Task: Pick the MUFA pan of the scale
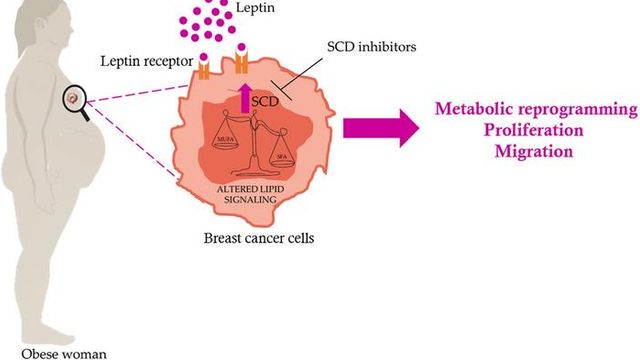tap(225, 142)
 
